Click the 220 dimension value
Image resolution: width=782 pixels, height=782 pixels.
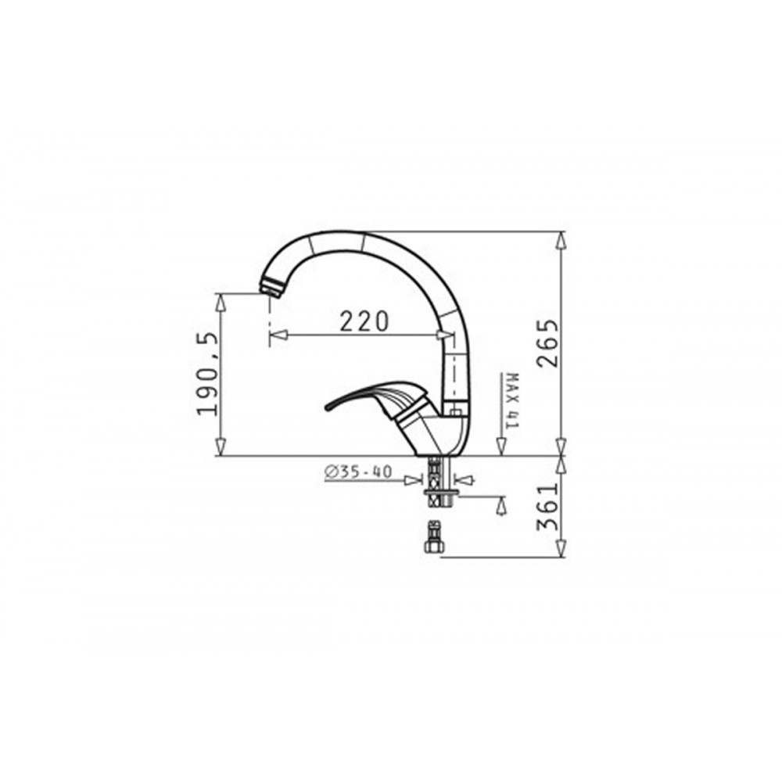(364, 321)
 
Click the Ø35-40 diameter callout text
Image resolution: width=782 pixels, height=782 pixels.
(358, 472)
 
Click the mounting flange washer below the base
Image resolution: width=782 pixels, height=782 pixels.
(440, 493)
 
